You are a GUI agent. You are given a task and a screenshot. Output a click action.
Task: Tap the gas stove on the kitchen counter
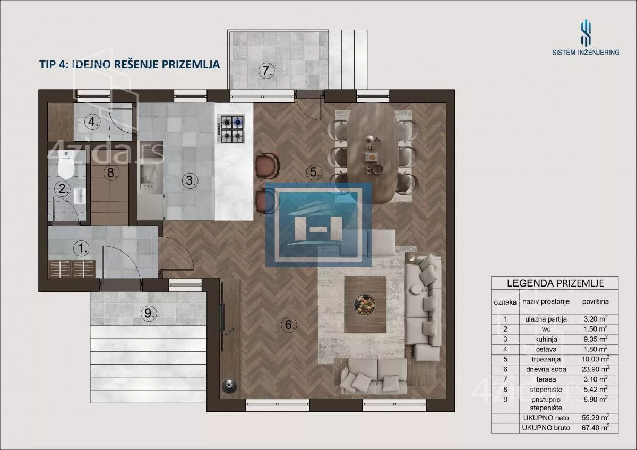pos(230,129)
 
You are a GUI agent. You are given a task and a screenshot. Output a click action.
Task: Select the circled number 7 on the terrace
pos(266,71)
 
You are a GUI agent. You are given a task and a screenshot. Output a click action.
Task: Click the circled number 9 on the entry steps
pos(149,313)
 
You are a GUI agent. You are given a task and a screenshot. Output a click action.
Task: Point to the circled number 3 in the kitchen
pos(190,180)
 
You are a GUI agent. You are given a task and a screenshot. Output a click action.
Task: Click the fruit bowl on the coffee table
pos(365,305)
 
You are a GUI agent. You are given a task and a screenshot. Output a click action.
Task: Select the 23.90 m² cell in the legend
pos(596,369)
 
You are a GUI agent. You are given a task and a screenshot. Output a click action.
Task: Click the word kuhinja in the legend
pos(546,339)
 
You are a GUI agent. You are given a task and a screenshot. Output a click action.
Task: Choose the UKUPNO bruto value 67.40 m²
pos(596,427)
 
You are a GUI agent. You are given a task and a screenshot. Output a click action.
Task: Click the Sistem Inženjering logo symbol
pos(586,36)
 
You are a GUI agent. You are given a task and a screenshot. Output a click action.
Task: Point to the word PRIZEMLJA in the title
pos(191,64)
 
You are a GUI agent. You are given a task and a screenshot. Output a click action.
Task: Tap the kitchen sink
pos(148,176)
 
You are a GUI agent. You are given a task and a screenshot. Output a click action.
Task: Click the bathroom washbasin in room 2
pos(80,196)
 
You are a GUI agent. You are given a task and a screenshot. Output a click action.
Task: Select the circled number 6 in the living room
pos(289,324)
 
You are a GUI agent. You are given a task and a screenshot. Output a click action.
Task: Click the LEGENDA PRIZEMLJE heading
pos(555,283)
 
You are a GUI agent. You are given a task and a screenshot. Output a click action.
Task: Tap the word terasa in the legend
pos(546,379)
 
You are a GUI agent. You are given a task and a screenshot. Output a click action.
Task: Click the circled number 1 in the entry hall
pos(81,248)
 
